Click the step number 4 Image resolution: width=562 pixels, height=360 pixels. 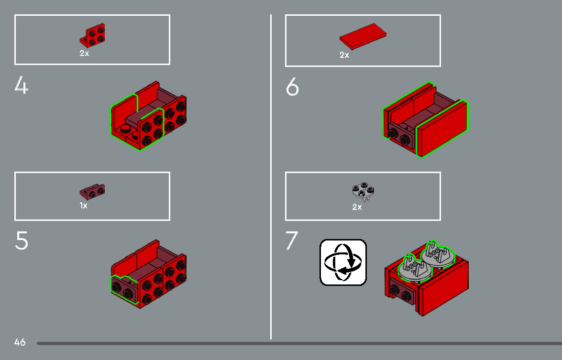tap(22, 86)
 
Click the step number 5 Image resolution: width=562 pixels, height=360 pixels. tap(22, 241)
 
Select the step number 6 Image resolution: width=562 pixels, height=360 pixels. tap(292, 87)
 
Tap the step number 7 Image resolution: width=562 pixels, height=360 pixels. tap(292, 241)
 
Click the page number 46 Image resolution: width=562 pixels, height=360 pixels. tap(20, 342)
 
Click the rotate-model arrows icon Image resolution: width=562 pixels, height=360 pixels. tap(343, 262)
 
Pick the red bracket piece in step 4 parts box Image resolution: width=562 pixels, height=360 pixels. tap(93, 35)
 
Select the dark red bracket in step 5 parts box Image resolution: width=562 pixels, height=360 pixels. tap(92, 191)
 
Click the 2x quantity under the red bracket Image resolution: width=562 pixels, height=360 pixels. tap(84, 54)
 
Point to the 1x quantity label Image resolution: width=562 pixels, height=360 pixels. tap(84, 206)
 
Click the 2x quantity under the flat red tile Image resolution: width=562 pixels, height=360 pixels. tap(344, 55)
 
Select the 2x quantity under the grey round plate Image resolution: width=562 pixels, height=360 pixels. tap(357, 207)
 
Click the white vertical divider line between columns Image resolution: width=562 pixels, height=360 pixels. tap(271, 177)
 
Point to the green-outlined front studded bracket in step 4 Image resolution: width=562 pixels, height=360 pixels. tap(151, 128)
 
